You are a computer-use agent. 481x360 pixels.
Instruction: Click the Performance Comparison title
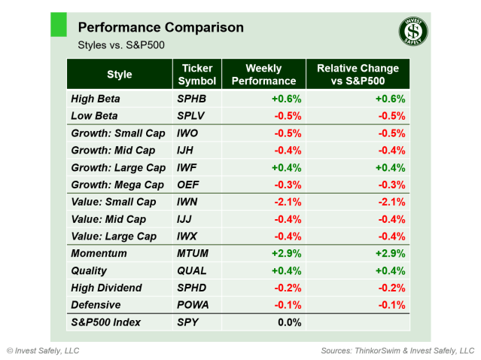(160, 28)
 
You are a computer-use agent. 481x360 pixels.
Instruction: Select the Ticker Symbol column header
(197, 75)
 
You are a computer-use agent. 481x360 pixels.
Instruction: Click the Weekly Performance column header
(263, 75)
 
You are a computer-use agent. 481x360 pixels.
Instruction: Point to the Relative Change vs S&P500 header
(358, 75)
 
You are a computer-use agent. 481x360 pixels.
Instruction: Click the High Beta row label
(95, 99)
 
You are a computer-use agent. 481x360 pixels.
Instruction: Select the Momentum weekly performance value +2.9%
(287, 254)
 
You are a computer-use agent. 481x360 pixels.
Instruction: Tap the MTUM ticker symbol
(194, 254)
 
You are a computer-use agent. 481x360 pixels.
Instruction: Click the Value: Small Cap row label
(114, 202)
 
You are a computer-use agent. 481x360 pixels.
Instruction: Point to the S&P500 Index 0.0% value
(288, 322)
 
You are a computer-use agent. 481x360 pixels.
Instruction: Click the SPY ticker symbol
(190, 322)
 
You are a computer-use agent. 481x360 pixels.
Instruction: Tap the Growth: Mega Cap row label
(117, 185)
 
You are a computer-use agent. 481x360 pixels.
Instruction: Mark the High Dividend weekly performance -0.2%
(288, 288)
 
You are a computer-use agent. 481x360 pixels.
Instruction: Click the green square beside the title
(58, 24)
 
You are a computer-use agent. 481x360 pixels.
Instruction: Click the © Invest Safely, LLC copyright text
(43, 351)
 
